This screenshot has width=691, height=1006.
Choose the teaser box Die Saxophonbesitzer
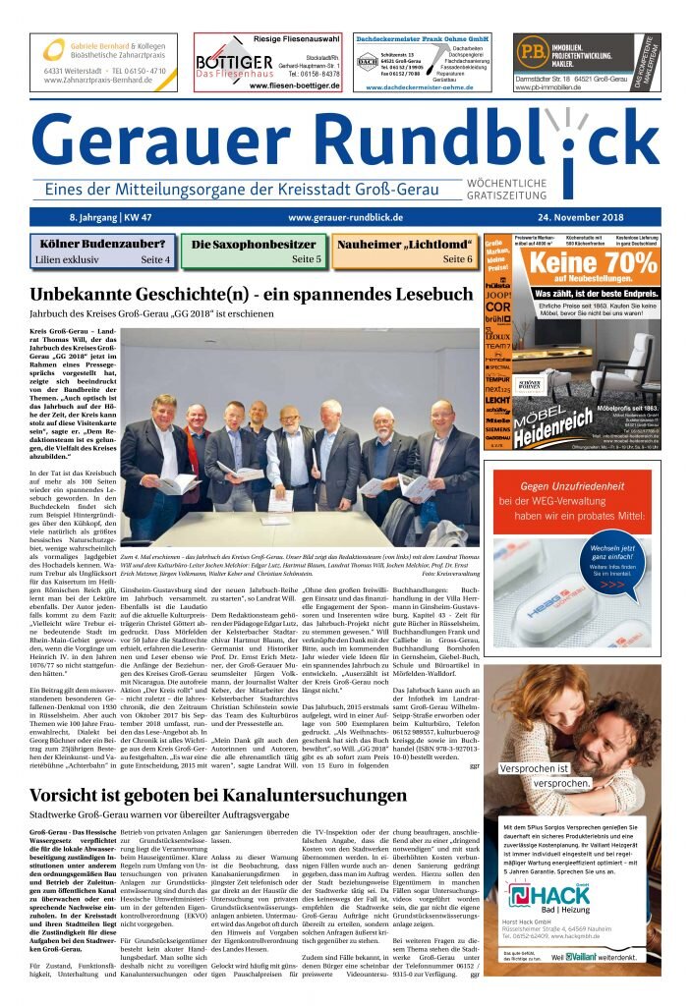click(255, 251)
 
